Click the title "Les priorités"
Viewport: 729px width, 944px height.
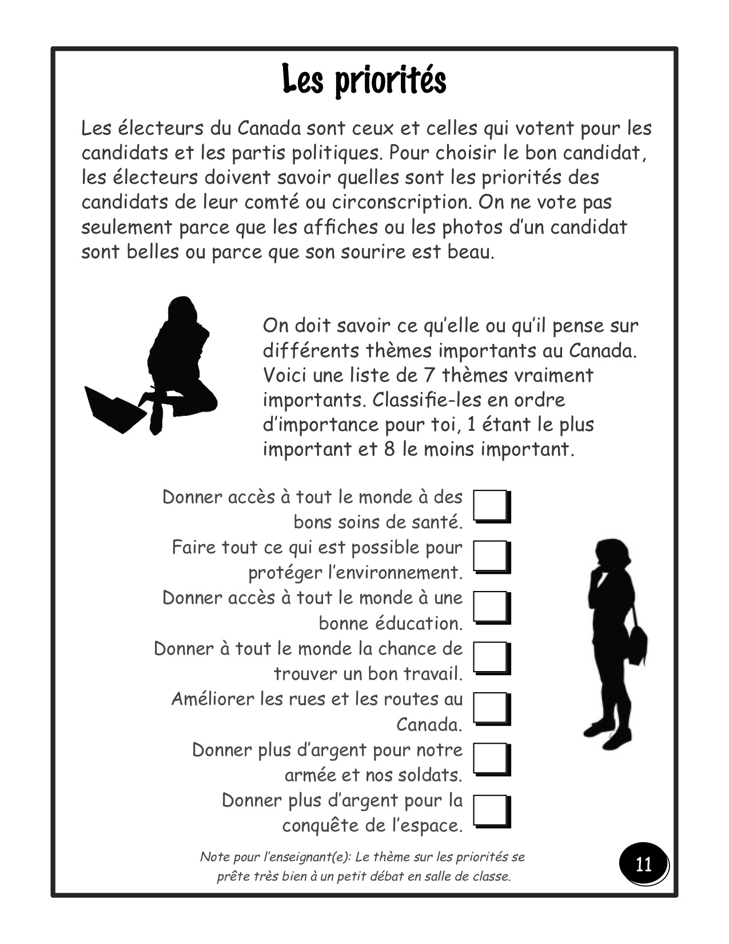point(364,81)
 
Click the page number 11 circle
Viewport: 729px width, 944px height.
point(643,863)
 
